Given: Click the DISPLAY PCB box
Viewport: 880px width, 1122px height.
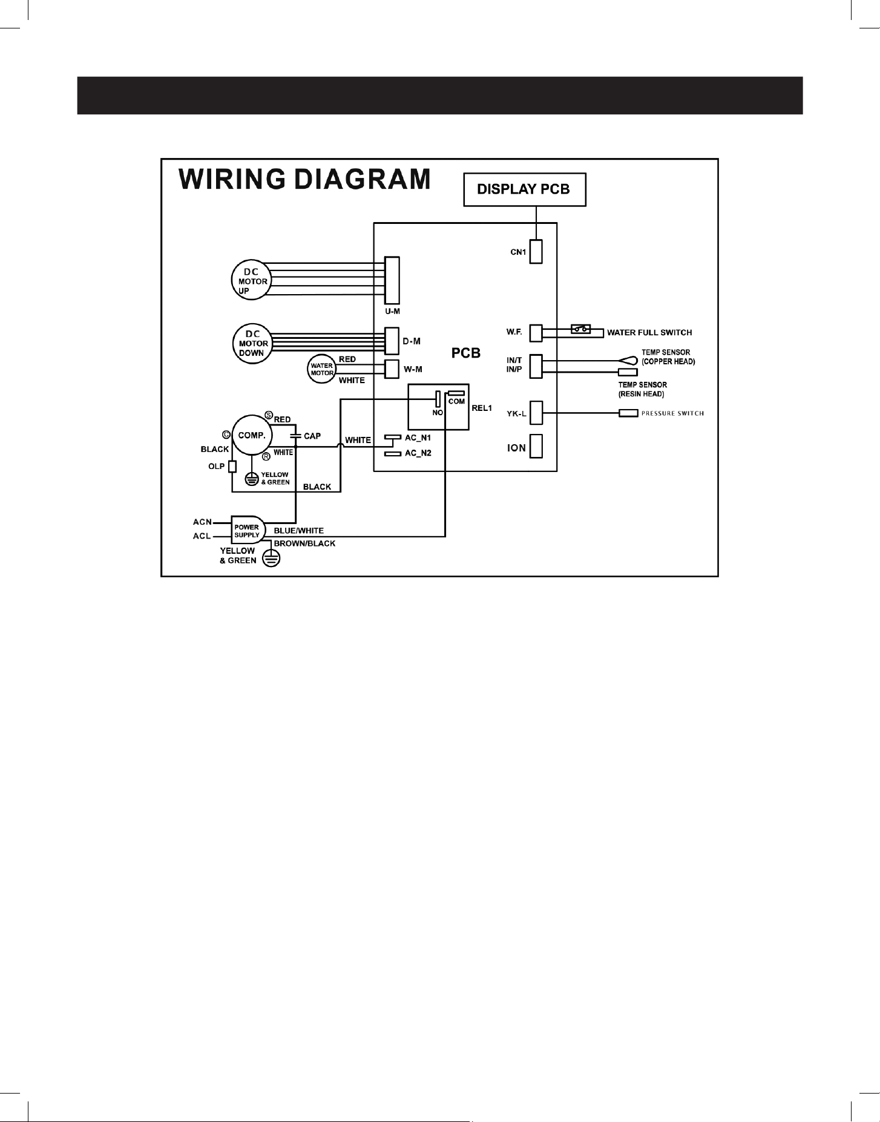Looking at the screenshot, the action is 525,189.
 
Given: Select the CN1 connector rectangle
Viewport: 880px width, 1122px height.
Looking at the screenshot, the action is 536,251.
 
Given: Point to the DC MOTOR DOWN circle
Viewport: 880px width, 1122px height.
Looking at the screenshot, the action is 252,343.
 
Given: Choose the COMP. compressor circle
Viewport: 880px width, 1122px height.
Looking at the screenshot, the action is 252,435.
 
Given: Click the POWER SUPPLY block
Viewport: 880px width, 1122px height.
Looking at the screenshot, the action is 248,531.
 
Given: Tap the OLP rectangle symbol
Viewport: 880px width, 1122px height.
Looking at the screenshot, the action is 232,467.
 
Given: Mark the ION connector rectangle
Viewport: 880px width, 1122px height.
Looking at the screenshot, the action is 536,446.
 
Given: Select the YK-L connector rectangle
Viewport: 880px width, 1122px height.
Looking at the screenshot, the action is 536,413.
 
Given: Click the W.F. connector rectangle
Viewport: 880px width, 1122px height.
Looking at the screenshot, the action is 536,333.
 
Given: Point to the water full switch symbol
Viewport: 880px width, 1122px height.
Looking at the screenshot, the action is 581,330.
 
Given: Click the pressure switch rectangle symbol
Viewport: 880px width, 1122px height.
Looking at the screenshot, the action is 628,413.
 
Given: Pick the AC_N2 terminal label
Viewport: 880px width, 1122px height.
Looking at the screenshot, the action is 418,453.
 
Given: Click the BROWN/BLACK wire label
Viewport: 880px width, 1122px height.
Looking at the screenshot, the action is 304,543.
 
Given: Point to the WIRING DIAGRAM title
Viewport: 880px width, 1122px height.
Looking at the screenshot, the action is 305,180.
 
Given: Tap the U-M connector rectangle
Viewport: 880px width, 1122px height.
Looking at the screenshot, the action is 392,280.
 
